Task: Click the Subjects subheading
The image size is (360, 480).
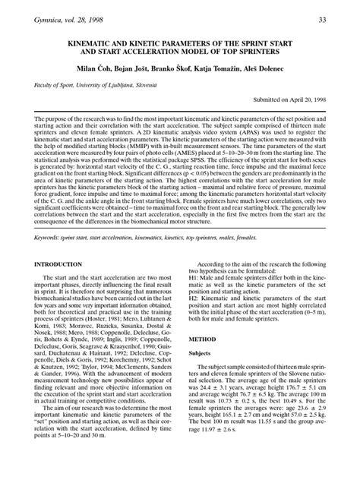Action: [202, 374]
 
